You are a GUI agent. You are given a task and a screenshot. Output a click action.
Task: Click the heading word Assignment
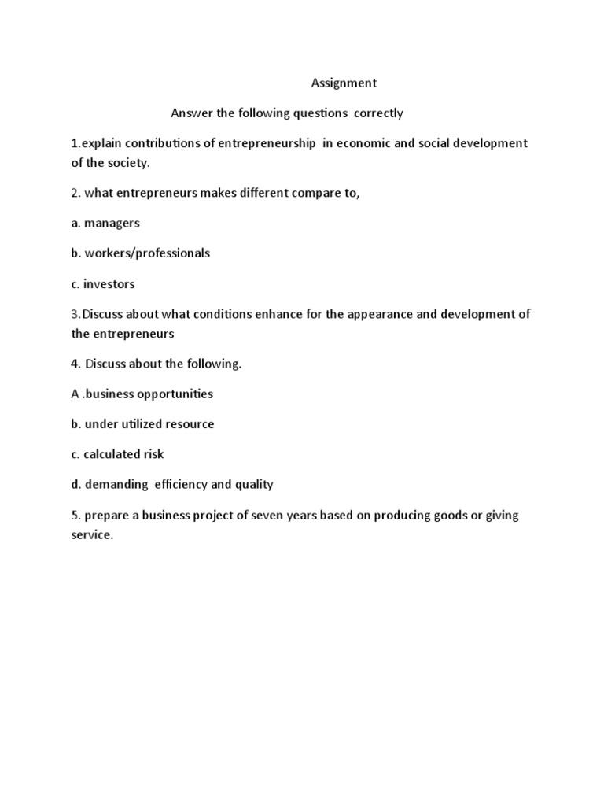tap(344, 83)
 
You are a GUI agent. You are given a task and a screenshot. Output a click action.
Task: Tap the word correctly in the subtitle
tap(377, 113)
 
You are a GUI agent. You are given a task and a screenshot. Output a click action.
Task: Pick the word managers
tap(112, 223)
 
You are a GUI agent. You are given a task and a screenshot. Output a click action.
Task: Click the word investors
tap(109, 283)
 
